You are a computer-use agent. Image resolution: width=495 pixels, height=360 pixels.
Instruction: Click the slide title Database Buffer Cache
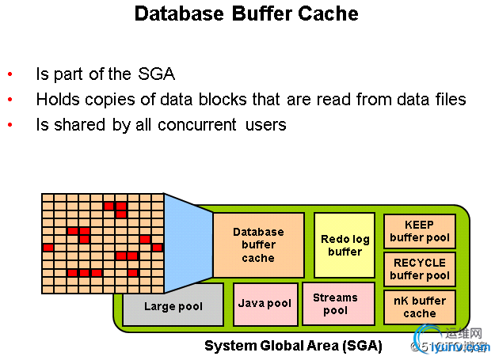point(246,13)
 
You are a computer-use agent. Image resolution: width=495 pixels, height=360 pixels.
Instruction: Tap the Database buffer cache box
point(258,244)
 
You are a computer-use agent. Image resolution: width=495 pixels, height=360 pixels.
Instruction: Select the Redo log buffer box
point(345,244)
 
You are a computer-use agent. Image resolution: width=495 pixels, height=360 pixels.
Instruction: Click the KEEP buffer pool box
point(420,231)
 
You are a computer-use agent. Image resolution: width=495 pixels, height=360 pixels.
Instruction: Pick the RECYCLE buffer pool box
point(420,269)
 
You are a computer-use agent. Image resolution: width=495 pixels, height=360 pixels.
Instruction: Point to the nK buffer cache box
point(420,307)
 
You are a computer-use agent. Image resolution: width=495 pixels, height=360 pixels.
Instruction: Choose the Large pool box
point(173,305)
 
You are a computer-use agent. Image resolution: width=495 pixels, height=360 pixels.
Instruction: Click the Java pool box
point(265,304)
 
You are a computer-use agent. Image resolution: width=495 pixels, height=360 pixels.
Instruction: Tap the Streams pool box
point(336,304)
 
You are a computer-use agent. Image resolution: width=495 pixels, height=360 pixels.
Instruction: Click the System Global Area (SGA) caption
point(293,346)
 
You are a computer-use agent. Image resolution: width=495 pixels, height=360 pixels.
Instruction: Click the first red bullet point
point(10,75)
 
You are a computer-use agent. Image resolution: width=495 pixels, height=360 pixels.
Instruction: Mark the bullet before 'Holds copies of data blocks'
point(10,100)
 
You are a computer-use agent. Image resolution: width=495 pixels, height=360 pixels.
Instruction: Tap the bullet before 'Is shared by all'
point(10,126)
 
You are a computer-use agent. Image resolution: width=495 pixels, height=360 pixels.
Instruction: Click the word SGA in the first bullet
point(155,75)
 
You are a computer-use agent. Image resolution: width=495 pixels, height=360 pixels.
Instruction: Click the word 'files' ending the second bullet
point(449,100)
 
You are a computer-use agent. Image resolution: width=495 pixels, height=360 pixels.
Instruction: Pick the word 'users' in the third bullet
point(265,125)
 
